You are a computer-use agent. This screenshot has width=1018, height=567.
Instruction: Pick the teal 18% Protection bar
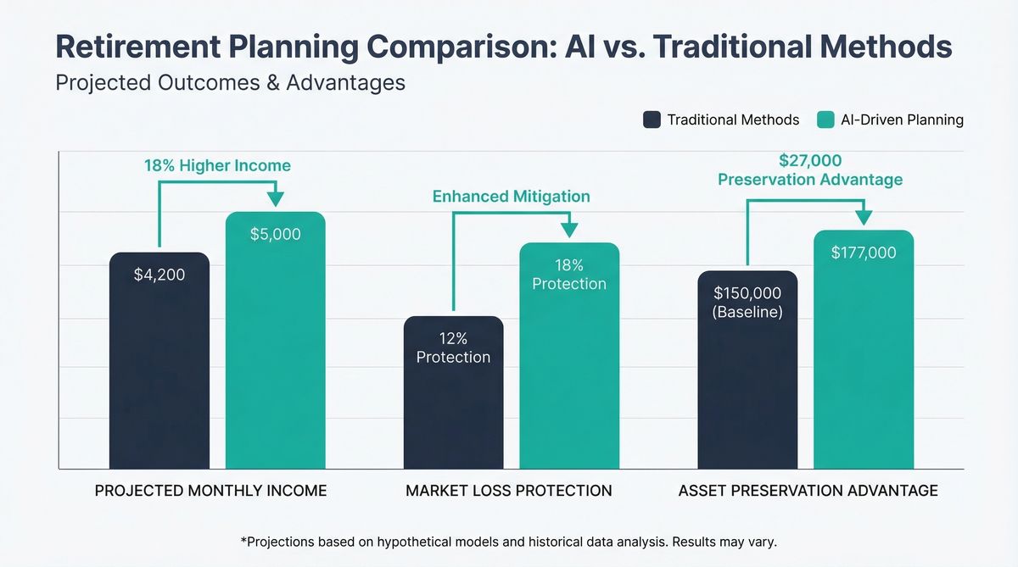click(569, 356)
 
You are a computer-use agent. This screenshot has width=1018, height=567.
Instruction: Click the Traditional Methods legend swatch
click(652, 120)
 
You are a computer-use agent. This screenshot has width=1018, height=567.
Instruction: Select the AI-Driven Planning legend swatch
click(825, 120)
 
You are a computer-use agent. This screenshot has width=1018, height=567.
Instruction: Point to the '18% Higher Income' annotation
click(217, 165)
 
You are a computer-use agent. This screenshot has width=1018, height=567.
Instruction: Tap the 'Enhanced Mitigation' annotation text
click(511, 196)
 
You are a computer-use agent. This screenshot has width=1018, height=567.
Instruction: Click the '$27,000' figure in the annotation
click(810, 160)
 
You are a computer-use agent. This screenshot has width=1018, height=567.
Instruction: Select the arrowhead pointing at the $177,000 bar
click(864, 218)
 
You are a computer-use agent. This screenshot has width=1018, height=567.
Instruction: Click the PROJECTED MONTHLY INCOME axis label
click(210, 491)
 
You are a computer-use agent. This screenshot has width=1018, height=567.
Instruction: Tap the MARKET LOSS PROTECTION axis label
click(508, 491)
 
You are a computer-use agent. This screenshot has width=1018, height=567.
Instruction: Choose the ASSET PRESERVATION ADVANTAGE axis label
click(808, 491)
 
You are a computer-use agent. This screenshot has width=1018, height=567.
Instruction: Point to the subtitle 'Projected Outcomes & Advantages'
click(230, 83)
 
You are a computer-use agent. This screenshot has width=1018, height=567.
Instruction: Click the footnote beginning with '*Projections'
click(509, 541)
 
